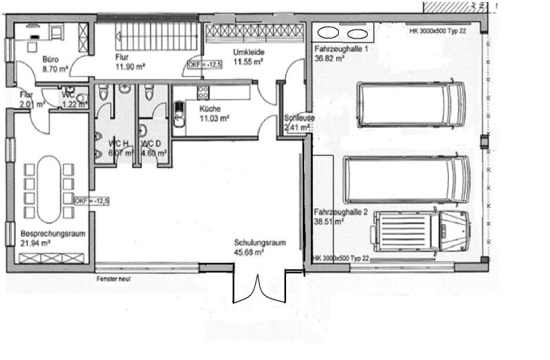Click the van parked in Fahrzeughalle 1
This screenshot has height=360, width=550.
410,104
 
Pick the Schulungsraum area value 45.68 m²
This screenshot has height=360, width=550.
249,251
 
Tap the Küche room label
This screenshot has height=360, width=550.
210,109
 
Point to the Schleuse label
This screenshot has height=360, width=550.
300,118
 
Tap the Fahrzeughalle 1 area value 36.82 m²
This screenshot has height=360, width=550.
329,59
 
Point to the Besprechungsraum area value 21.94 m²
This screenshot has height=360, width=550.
36,243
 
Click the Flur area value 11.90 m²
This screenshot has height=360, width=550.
130,67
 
